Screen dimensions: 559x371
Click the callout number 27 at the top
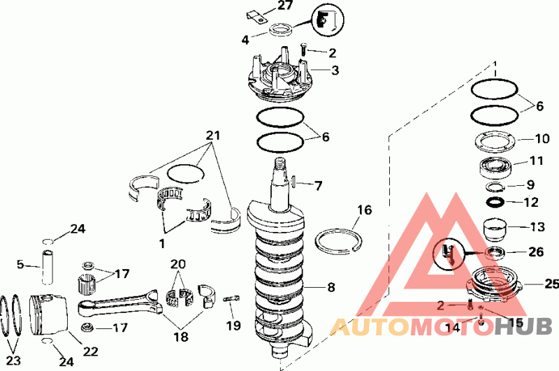tap(284, 5)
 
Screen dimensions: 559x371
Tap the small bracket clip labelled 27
tap(257, 17)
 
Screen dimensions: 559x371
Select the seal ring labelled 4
tap(281, 29)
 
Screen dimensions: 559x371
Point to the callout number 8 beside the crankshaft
tap(331, 287)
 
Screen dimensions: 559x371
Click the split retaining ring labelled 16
tap(338, 242)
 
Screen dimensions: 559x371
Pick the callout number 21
tap(213, 136)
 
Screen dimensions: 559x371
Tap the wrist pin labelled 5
tap(48, 268)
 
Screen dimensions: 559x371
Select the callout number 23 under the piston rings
tap(13, 361)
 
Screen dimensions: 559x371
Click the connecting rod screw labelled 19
tap(231, 298)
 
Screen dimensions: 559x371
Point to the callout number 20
tap(178, 264)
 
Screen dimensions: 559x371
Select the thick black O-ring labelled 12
tap(495, 202)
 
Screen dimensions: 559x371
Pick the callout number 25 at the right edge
tap(551, 284)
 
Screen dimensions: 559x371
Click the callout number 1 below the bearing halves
tap(162, 244)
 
